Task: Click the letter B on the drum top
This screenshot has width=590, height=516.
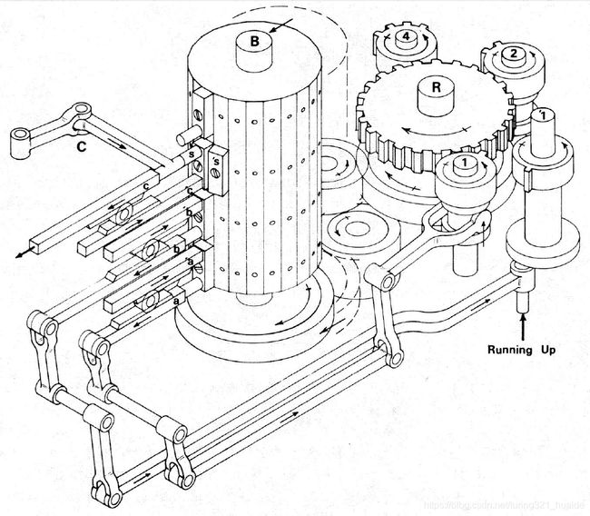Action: pos(255,42)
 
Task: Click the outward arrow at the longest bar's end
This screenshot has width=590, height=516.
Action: pos(20,254)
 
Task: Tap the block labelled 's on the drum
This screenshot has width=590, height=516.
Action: pos(216,168)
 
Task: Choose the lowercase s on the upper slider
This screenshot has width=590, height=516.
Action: pos(192,154)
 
